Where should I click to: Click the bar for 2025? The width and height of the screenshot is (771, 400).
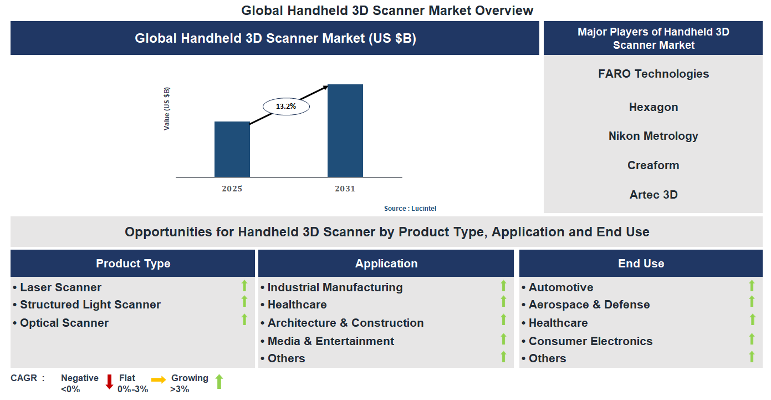click(232, 149)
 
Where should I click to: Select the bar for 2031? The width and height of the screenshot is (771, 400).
click(345, 131)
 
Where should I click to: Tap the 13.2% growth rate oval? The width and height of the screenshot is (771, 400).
click(286, 106)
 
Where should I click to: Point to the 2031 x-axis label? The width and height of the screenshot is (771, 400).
click(345, 189)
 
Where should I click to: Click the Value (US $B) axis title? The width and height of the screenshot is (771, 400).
click(167, 109)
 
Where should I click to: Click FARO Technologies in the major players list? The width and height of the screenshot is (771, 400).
click(653, 74)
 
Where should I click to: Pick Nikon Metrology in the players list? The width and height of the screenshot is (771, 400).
click(653, 136)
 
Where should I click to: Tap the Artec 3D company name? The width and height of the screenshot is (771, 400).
click(653, 195)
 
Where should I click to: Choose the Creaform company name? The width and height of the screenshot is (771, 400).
click(653, 165)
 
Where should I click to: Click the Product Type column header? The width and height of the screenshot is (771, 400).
click(133, 264)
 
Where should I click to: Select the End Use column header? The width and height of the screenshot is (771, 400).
click(641, 264)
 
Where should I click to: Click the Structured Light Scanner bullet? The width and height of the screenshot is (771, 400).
click(90, 305)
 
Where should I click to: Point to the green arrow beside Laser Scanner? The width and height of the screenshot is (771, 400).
click(244, 286)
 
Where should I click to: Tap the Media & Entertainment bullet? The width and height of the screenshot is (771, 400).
click(330, 341)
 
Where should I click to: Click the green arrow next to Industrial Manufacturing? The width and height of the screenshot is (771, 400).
click(503, 286)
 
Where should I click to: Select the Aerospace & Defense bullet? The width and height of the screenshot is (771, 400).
click(589, 305)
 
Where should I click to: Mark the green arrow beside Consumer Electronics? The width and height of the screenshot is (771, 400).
click(752, 340)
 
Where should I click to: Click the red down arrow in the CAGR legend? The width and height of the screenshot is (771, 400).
click(109, 382)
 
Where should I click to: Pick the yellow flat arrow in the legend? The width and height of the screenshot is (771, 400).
click(159, 380)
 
